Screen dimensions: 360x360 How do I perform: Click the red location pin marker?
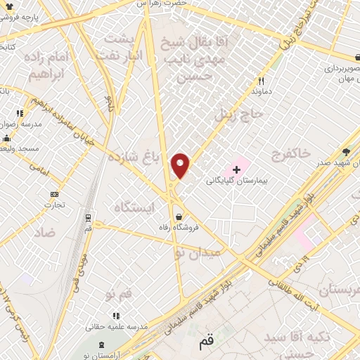(x=181, y=166)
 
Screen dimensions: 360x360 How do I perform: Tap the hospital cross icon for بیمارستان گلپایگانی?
(x=237, y=169)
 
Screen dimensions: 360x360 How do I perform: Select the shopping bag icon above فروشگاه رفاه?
(x=181, y=217)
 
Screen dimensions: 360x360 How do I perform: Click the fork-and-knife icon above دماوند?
(x=261, y=81)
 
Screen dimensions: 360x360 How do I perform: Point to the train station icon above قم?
(x=88, y=218)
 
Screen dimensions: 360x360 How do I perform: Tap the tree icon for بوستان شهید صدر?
(x=346, y=152)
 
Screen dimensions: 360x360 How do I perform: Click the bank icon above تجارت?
(x=55, y=195)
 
